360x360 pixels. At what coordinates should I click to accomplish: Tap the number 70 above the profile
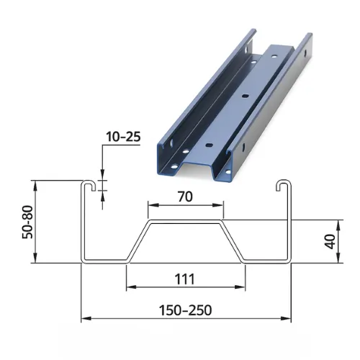[x=185, y=196]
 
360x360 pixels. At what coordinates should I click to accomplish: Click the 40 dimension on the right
[x=330, y=241]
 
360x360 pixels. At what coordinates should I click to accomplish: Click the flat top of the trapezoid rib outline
[x=186, y=222]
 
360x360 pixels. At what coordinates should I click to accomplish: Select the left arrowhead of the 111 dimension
[x=130, y=287]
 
